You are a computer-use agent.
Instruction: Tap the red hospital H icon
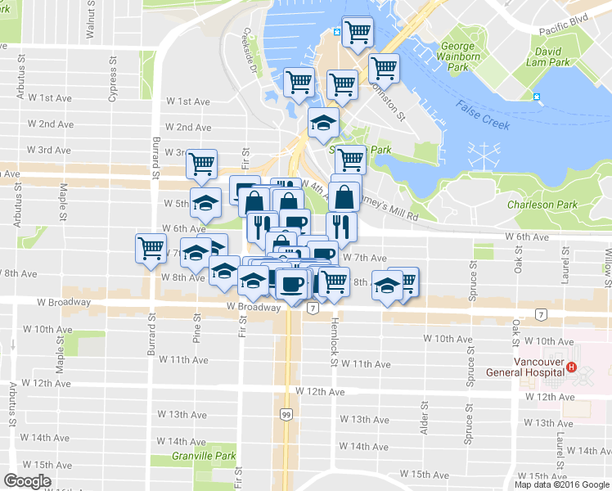pos(572,368)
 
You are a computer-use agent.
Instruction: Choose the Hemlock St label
pos(334,336)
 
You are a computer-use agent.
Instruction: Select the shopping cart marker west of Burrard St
pos(151,247)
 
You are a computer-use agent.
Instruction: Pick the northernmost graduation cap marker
pos(323,123)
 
